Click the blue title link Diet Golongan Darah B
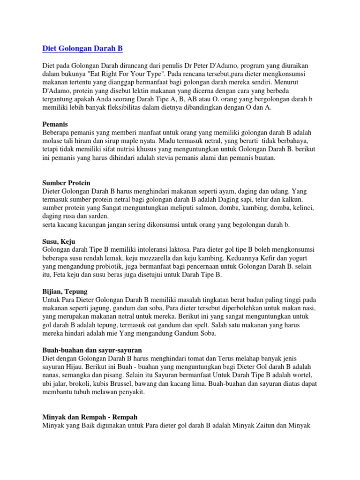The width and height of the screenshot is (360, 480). tap(82, 48)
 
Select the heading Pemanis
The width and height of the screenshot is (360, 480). tap(55, 124)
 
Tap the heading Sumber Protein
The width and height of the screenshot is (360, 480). tap(66, 182)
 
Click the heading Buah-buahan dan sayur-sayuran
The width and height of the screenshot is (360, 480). tap(92, 350)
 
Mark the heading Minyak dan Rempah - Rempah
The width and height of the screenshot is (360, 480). tap(90, 416)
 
